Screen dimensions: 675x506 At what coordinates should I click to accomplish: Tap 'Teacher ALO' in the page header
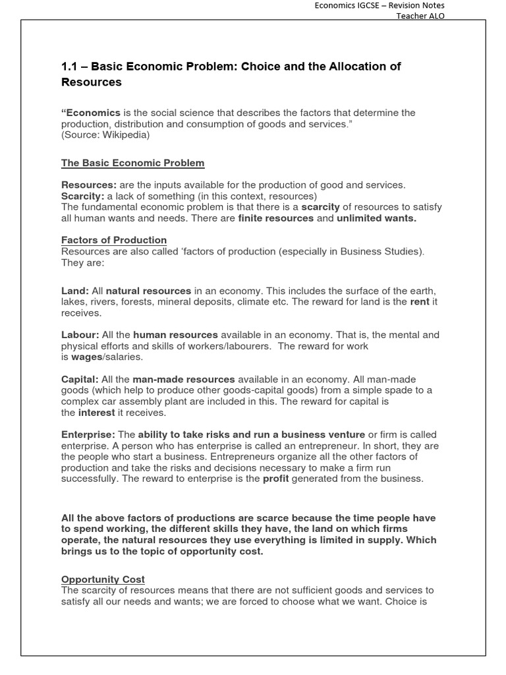click(x=420, y=16)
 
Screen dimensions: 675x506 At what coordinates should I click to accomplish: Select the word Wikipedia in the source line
click(x=126, y=135)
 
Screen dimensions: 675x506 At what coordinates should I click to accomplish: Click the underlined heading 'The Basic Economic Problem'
click(x=132, y=163)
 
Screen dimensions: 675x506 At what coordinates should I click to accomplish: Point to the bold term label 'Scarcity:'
click(x=82, y=196)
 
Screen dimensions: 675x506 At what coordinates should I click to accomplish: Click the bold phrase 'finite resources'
click(x=275, y=218)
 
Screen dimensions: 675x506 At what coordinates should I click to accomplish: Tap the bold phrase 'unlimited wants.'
click(x=376, y=218)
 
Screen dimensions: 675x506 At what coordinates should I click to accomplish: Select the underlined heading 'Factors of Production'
click(x=114, y=240)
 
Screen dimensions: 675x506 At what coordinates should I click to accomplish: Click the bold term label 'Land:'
click(x=75, y=291)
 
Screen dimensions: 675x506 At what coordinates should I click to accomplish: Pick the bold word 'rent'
click(x=419, y=302)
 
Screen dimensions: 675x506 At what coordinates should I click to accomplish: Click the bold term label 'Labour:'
click(x=80, y=335)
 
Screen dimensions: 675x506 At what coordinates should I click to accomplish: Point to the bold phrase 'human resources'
click(x=175, y=335)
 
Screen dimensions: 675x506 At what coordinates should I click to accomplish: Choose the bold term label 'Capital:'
click(x=80, y=379)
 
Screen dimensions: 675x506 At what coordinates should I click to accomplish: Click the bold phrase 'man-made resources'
click(x=184, y=379)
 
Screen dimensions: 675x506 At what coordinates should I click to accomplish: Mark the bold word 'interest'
click(x=96, y=413)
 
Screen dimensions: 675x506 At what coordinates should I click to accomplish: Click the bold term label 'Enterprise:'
click(x=88, y=434)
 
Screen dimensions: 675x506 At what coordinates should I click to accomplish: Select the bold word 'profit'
click(x=276, y=479)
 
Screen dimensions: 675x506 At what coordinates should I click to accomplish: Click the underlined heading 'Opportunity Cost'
click(x=103, y=579)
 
